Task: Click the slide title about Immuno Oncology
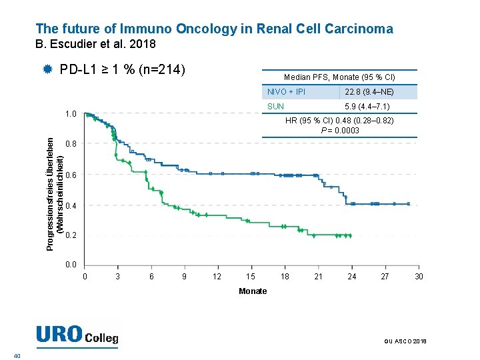(x=214, y=29)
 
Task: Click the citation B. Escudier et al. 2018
(x=95, y=45)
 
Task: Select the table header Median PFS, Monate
(x=339, y=77)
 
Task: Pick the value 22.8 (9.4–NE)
(x=369, y=92)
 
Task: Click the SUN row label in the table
(x=275, y=107)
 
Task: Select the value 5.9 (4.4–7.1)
(x=367, y=107)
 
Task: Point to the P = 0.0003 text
(x=339, y=130)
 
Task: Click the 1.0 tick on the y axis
(x=71, y=114)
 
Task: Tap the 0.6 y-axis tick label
(x=71, y=175)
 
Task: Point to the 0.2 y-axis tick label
(x=71, y=236)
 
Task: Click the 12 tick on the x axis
(x=217, y=277)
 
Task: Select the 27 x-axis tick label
(x=385, y=277)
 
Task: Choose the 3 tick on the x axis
(x=117, y=277)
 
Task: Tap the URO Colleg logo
(x=77, y=335)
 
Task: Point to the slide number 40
(x=17, y=355)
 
